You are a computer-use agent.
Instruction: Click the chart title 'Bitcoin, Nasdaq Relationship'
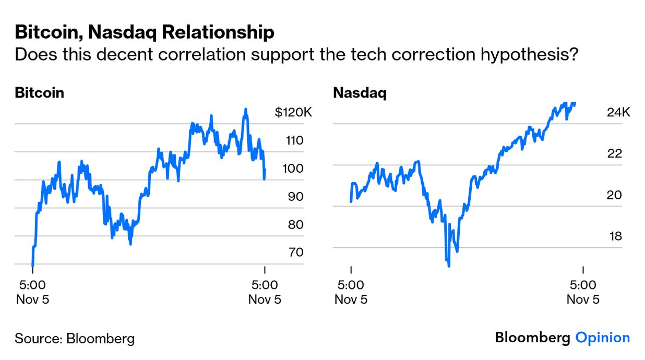(145, 32)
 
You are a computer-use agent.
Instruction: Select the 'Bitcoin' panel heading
(40, 93)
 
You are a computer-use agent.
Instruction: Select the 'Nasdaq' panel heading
(360, 93)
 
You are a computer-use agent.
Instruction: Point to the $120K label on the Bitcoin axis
(293, 112)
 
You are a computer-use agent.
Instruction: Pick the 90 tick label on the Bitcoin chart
(294, 197)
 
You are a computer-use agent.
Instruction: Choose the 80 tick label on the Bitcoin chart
(294, 225)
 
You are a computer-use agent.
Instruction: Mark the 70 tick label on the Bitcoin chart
(294, 253)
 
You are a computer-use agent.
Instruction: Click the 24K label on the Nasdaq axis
(618, 112)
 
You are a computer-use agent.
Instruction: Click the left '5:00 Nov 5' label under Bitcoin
(32, 292)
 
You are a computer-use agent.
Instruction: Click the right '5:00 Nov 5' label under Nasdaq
(582, 292)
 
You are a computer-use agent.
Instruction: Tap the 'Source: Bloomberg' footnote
(75, 338)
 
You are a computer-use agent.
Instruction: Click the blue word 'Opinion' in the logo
(602, 338)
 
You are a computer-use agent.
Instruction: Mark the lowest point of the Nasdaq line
(449, 266)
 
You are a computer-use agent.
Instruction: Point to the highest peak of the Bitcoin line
(246, 109)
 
